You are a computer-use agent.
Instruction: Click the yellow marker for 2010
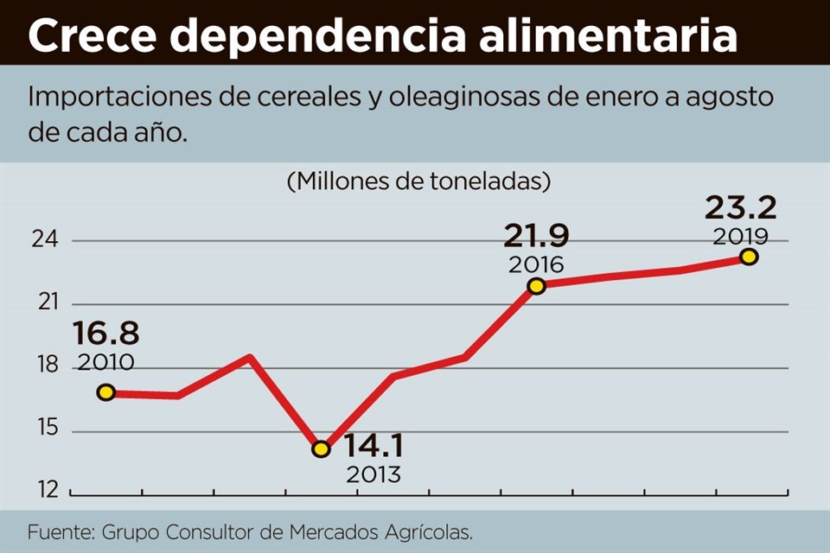point(105,392)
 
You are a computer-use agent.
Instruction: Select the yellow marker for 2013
point(321,448)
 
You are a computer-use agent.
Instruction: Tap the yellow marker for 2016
point(536,286)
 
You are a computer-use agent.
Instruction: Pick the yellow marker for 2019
point(749,257)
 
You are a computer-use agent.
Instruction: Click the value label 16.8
point(105,334)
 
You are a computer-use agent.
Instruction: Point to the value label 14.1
point(374,447)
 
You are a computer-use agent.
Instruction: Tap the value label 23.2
point(741,207)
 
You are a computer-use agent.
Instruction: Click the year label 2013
point(373,474)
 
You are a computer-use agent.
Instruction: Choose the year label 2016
point(536,264)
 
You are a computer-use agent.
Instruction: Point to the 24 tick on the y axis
point(45,240)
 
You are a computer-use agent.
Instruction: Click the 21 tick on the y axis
point(45,303)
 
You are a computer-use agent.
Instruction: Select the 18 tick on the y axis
point(45,366)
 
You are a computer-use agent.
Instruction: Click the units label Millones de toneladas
point(418,181)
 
